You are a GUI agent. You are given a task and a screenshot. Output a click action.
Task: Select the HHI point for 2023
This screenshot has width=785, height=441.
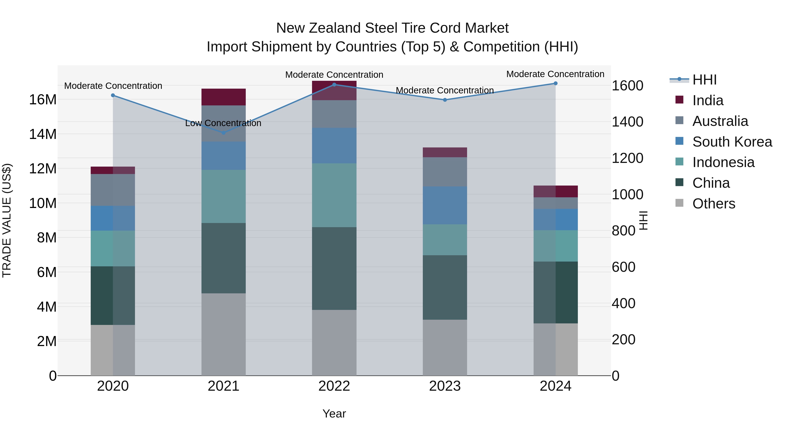[445, 100]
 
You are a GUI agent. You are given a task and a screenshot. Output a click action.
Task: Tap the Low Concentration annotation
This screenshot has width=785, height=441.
[223, 123]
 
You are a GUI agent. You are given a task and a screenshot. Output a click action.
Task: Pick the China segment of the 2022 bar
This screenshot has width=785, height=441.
[334, 269]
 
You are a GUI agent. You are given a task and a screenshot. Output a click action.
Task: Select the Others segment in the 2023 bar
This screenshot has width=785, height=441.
[445, 347]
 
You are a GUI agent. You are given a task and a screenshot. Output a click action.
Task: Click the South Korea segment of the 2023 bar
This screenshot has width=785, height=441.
[445, 205]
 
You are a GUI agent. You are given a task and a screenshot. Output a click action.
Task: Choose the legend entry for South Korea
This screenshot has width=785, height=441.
[732, 142]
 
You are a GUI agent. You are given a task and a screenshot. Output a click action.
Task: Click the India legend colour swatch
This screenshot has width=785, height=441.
[679, 100]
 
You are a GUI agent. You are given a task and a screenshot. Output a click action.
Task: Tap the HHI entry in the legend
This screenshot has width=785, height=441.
[704, 80]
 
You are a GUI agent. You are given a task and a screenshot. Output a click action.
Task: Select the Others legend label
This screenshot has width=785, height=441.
[714, 204]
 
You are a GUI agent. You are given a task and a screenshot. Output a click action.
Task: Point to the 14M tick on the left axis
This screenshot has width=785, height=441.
[43, 134]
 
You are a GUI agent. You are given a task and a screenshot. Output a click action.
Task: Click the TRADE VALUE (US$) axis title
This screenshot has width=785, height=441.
[7, 220]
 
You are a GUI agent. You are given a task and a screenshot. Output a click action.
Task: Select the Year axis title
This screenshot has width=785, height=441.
[334, 414]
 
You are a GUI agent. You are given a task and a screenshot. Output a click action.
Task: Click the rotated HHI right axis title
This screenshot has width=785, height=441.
[643, 220]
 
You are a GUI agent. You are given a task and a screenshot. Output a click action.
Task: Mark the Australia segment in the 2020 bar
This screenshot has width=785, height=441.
[113, 190]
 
